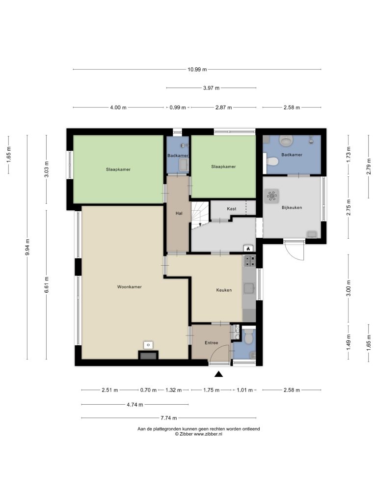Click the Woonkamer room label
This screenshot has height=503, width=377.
tap(129, 287)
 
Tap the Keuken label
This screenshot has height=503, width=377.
tap(224, 290)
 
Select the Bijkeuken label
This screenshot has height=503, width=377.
tap(292, 208)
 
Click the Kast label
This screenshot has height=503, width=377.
tap(232, 209)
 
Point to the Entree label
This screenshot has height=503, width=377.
tap(211, 343)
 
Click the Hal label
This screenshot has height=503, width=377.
tap(179, 213)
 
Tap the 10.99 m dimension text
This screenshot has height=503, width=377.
tap(197, 69)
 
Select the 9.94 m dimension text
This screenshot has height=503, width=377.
tap(27, 248)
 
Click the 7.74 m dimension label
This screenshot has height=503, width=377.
tap(169, 418)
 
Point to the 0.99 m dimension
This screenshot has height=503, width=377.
tap(178, 108)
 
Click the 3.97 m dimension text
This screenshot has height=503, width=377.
tap(211, 88)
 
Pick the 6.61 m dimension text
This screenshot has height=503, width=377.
tap(47, 284)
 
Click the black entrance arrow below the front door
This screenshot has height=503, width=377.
tap(218, 374)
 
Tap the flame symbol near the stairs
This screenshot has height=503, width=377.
tap(248, 248)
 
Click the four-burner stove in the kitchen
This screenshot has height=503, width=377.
tap(250, 261)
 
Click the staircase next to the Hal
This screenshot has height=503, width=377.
tap(200, 215)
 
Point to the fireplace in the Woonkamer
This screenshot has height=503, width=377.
tap(148, 355)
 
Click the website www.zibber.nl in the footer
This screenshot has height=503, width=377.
tap(208, 434)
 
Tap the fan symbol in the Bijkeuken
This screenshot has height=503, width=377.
tap(271, 196)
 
